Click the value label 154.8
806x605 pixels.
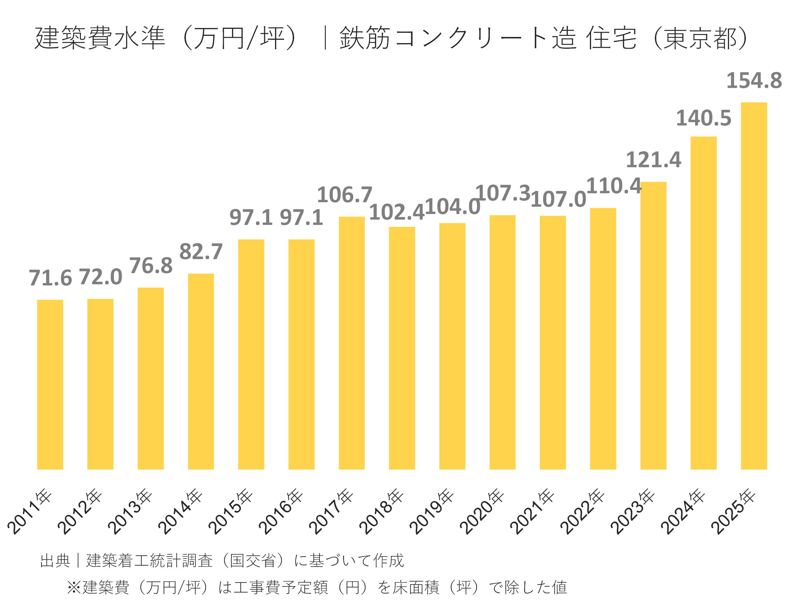coord(754,81)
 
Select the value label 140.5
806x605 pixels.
coord(703,118)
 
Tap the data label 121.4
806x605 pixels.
coord(653,160)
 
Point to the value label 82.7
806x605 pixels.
coord(201,252)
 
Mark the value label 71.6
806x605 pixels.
coord(50,278)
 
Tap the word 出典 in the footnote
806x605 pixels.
coord(55,560)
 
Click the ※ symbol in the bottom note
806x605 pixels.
coord(74,588)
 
